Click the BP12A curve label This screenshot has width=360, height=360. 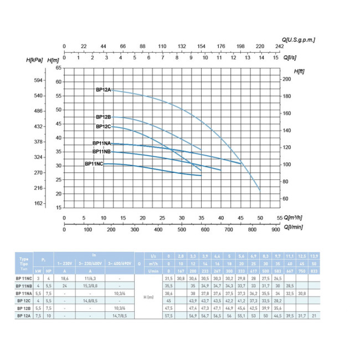point(104,89)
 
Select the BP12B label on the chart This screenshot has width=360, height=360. point(104,117)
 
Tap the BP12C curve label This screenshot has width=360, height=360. point(104,126)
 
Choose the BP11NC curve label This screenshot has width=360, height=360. point(94,164)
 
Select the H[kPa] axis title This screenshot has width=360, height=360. point(35,59)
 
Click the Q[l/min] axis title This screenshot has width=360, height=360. point(295,227)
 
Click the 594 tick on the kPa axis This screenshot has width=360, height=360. point(38,80)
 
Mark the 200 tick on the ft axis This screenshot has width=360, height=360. point(287,79)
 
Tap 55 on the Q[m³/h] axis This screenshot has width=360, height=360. point(279,218)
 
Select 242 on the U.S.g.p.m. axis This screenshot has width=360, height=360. point(279,47)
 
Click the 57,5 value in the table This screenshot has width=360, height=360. point(170,315)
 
